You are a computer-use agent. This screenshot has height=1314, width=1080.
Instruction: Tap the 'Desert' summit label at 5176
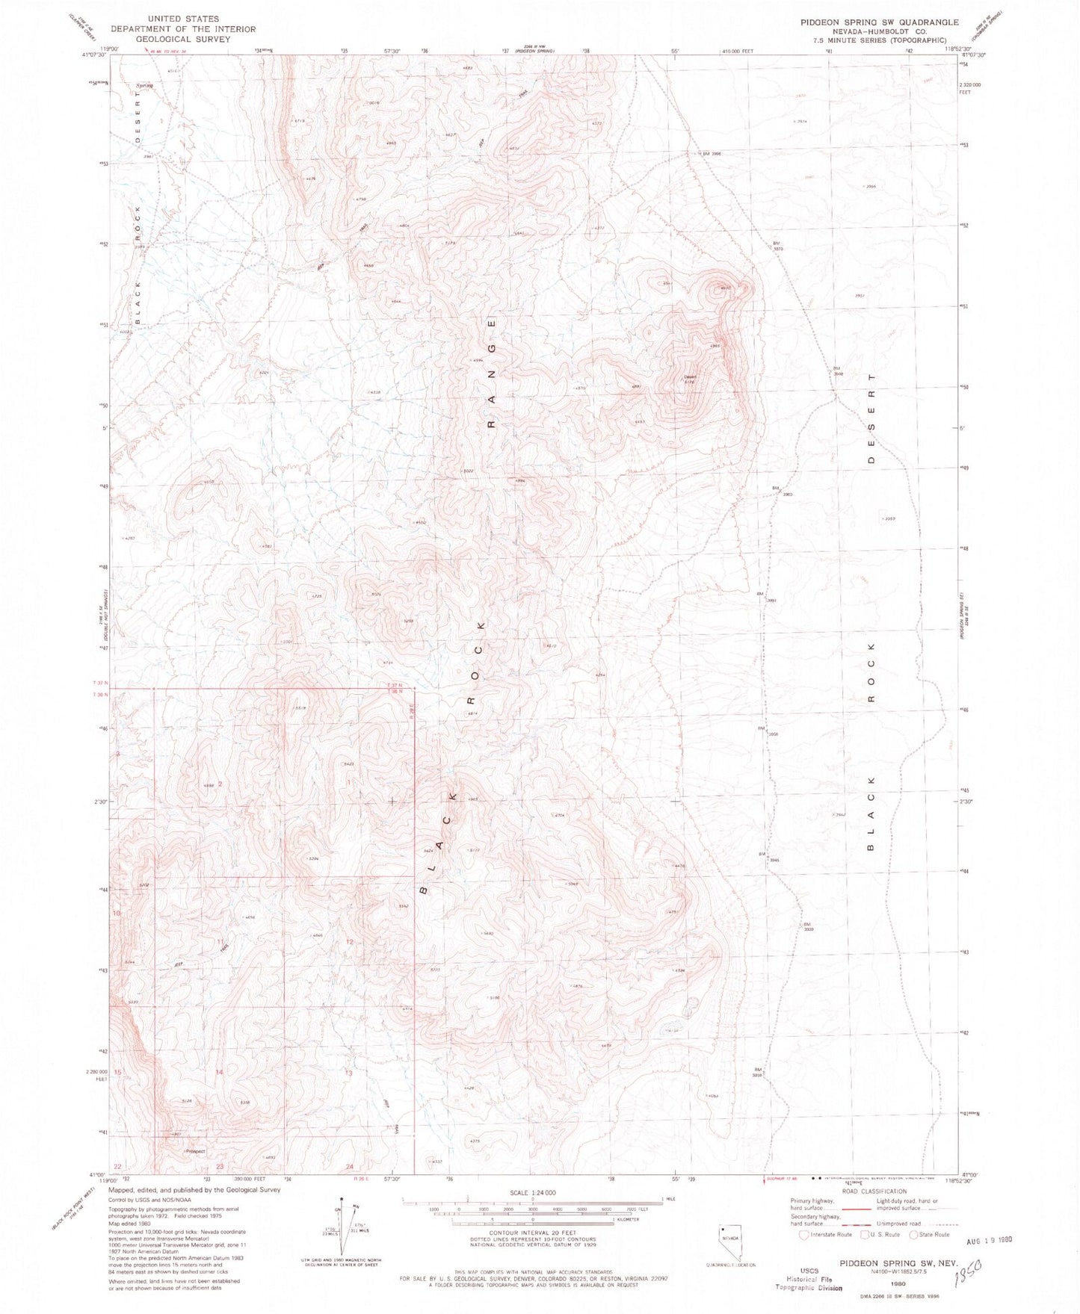coord(690,376)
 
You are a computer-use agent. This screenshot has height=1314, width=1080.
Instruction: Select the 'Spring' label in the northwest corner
coord(144,86)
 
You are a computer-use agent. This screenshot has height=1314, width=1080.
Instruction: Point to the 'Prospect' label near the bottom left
coord(195,1151)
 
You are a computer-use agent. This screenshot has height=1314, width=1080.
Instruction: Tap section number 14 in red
coord(219,1072)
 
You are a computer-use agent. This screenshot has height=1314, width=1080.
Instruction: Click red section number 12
coord(349,942)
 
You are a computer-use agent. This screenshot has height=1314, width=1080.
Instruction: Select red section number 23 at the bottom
coord(220,1166)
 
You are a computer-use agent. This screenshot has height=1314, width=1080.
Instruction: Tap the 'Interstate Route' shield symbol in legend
coord(803,1235)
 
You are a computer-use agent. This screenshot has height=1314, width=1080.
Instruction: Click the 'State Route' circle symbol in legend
coord(913,1235)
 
